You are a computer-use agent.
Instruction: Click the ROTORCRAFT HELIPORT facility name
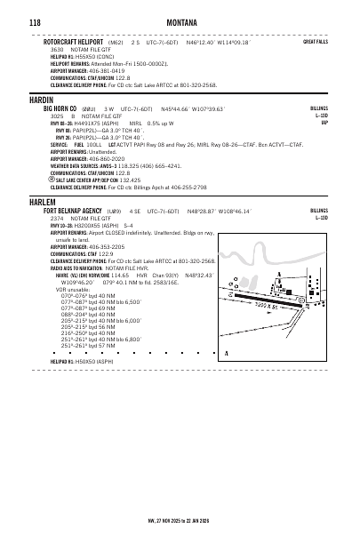click(73, 41)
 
